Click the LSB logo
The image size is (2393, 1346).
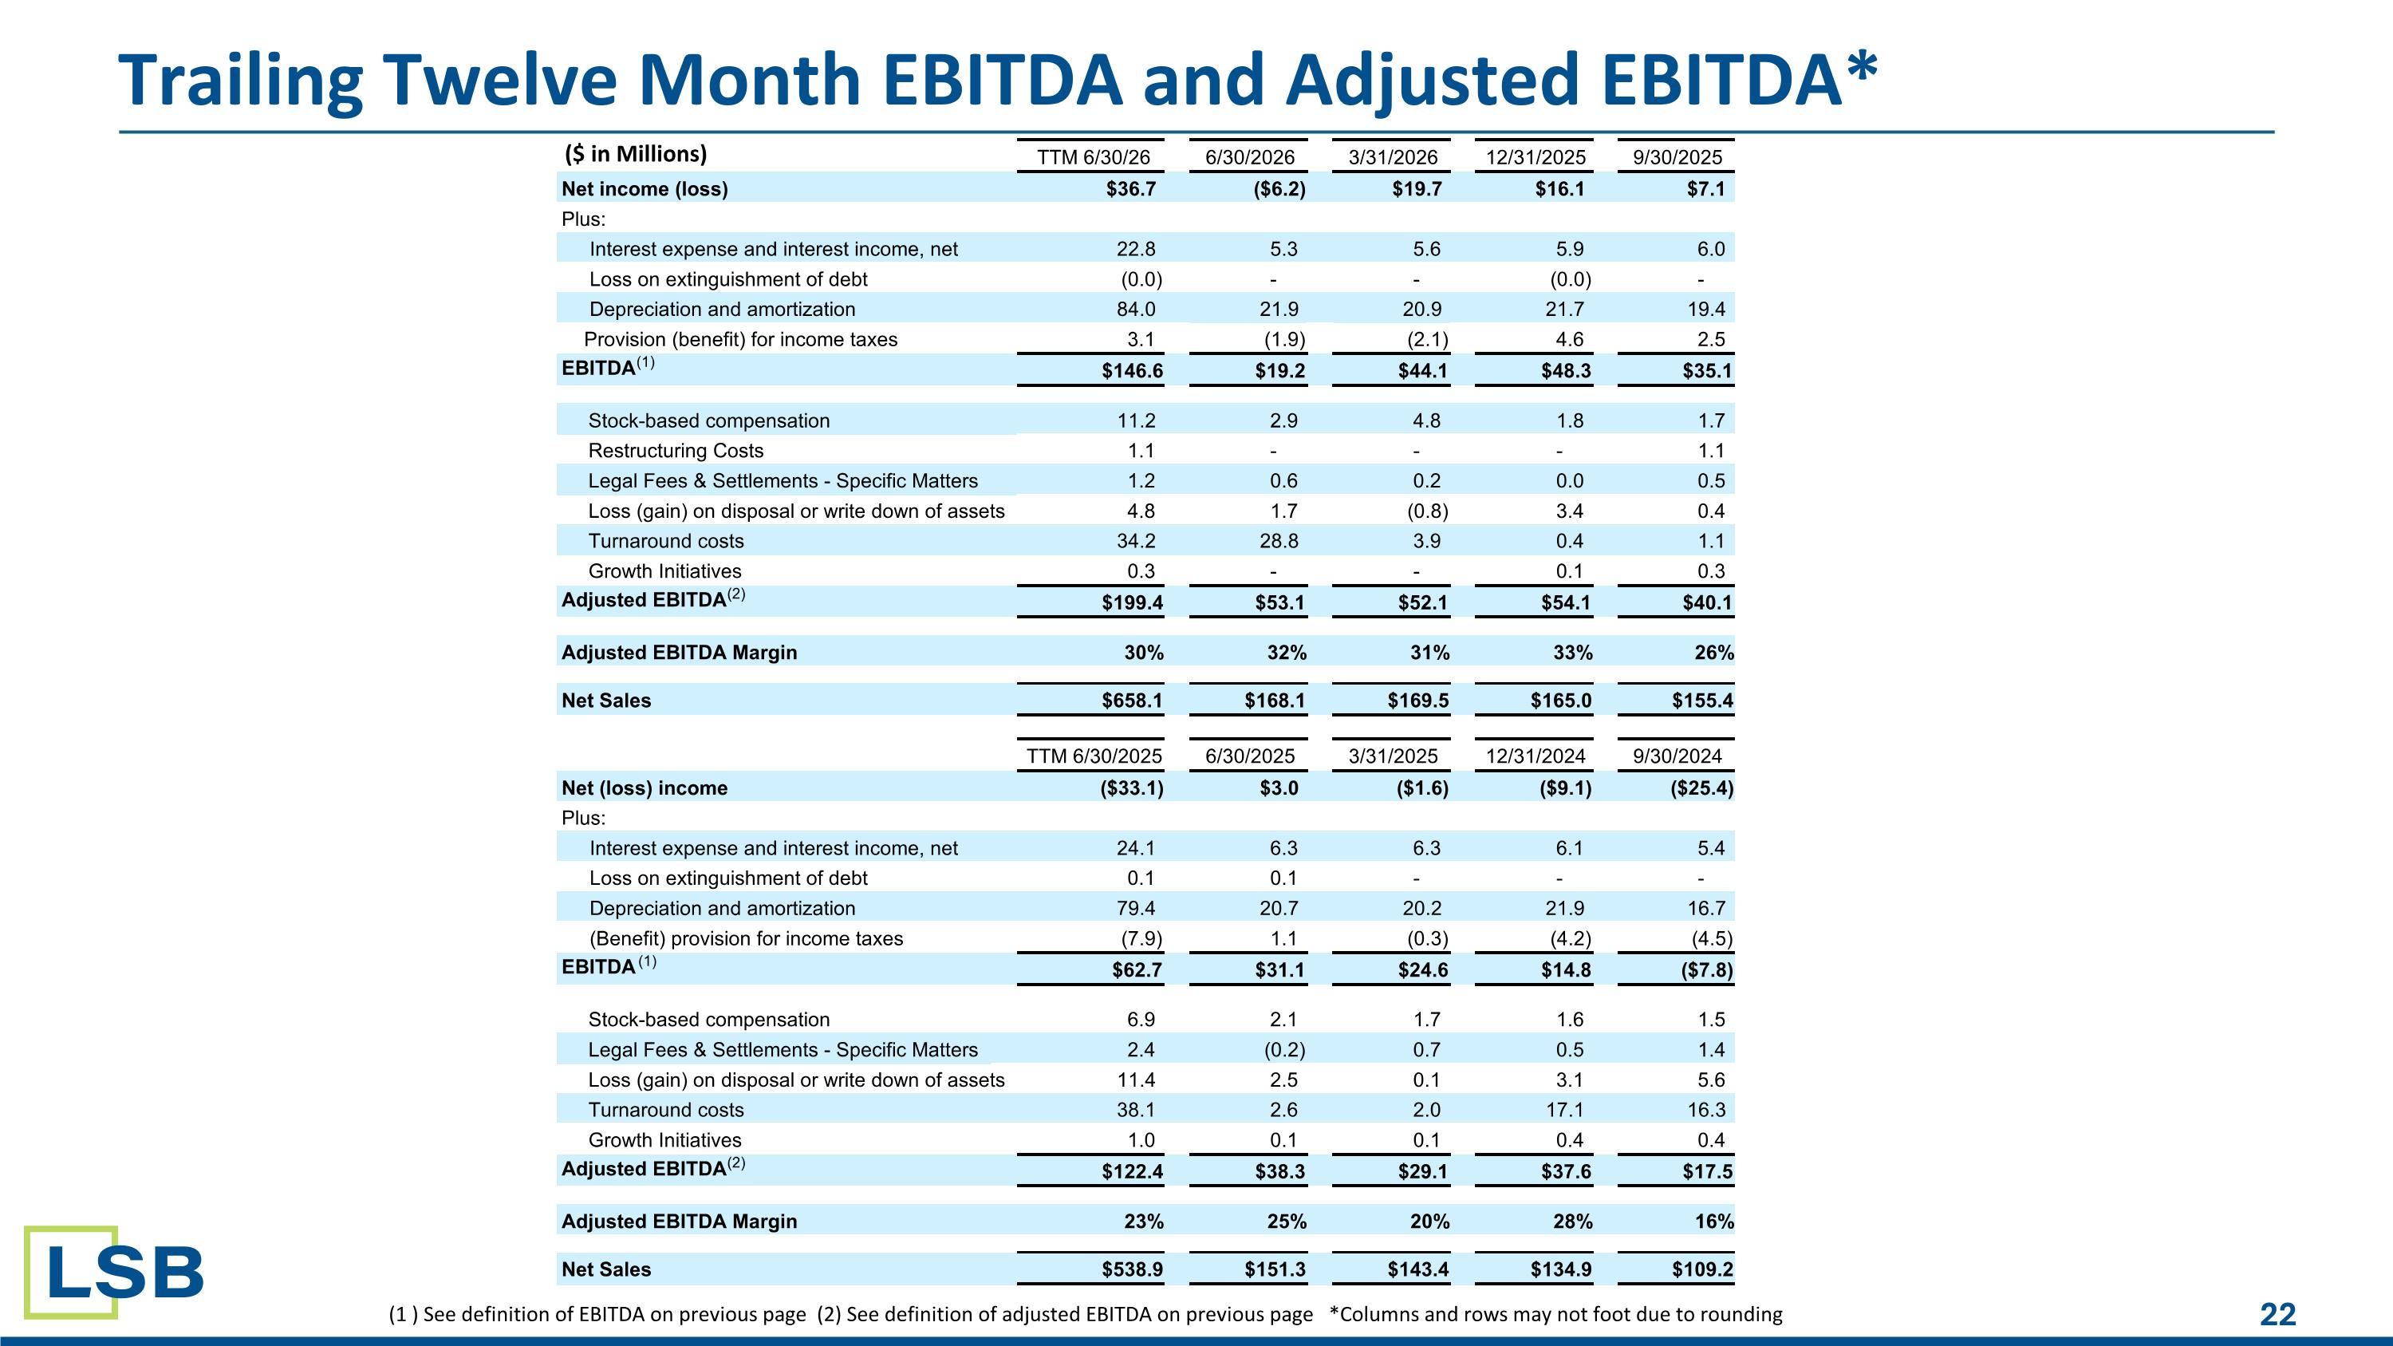pyautogui.click(x=114, y=1272)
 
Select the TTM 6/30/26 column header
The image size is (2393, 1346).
pyautogui.click(x=1094, y=157)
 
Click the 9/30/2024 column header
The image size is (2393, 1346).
pyautogui.click(x=1677, y=756)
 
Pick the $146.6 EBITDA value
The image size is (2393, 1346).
pyautogui.click(x=1133, y=372)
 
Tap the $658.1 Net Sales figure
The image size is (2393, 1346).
pyautogui.click(x=1133, y=701)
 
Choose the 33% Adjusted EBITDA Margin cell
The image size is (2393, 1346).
pyautogui.click(x=1573, y=653)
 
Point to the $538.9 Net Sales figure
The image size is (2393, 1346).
pyautogui.click(x=1133, y=1269)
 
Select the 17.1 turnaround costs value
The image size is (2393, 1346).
pyautogui.click(x=1564, y=1110)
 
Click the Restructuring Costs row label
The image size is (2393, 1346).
pyautogui.click(x=676, y=451)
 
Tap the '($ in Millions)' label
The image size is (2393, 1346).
pyautogui.click(x=636, y=154)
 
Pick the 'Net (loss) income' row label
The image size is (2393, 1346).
pyautogui.click(x=645, y=788)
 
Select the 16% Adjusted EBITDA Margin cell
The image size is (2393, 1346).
pyautogui.click(x=1714, y=1222)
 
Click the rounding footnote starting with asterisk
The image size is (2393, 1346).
pyautogui.click(x=1556, y=1314)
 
